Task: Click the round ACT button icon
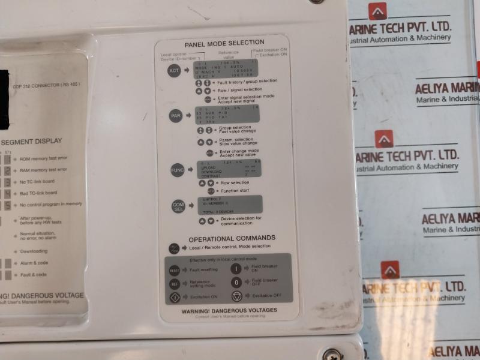pyautogui.click(x=174, y=71)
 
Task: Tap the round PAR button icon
pyautogui.click(x=176, y=116)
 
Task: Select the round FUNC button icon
pyautogui.click(x=178, y=170)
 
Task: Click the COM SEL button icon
pyautogui.click(x=179, y=206)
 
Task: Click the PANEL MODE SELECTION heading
pyautogui.click(x=224, y=44)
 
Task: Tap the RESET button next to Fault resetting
pyautogui.click(x=174, y=271)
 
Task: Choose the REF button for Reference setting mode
pyautogui.click(x=175, y=284)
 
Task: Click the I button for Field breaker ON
pyautogui.click(x=236, y=269)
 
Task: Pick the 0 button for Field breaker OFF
pyautogui.click(x=236, y=281)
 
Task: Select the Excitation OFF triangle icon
pyautogui.click(x=237, y=295)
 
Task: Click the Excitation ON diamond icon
pyautogui.click(x=175, y=297)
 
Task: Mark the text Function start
pyautogui.click(x=236, y=191)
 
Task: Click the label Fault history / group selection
pyautogui.click(x=247, y=81)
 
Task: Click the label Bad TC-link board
pyautogui.click(x=38, y=193)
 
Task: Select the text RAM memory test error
pyautogui.click(x=43, y=170)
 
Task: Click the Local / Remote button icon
pyautogui.click(x=174, y=247)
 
